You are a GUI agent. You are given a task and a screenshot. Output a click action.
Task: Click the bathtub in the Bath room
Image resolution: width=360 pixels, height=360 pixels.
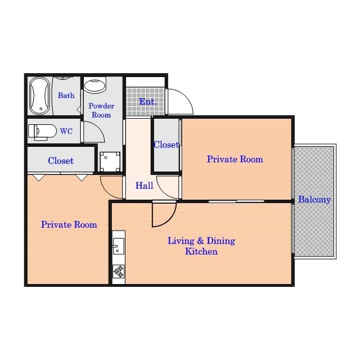[39, 96]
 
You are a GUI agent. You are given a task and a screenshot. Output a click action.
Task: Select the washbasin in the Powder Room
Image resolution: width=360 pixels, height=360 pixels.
[95, 85]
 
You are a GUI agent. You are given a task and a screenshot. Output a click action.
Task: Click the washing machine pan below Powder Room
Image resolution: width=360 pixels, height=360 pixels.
[110, 161]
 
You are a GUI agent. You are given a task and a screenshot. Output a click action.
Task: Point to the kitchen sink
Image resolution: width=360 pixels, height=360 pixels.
[119, 246]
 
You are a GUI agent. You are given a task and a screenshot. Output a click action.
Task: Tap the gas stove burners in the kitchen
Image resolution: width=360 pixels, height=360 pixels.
[119, 271]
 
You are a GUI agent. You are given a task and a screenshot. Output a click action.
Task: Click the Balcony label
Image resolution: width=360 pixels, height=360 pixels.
[314, 200]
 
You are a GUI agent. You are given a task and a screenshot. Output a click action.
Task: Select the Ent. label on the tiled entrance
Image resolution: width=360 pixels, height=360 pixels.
[148, 101]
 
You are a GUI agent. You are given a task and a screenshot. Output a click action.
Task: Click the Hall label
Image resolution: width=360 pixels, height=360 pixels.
[144, 186]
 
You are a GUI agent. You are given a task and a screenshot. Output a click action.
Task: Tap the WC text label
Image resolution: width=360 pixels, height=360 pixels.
[66, 131]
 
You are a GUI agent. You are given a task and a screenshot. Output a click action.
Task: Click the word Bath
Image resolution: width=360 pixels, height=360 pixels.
[66, 95]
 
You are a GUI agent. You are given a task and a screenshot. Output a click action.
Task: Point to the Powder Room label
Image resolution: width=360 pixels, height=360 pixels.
[101, 110]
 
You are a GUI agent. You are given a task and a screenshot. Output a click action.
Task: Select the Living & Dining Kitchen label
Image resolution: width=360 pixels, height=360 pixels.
[201, 246]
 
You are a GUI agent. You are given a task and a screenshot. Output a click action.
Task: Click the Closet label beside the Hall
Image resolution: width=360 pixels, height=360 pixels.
[166, 145]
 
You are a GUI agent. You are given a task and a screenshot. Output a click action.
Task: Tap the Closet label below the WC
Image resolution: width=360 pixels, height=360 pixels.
[61, 161]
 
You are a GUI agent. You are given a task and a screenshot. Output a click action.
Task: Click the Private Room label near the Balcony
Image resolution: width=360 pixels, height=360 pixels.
[235, 159]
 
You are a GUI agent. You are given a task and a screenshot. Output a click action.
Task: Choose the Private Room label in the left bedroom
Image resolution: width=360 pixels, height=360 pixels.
[69, 224]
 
